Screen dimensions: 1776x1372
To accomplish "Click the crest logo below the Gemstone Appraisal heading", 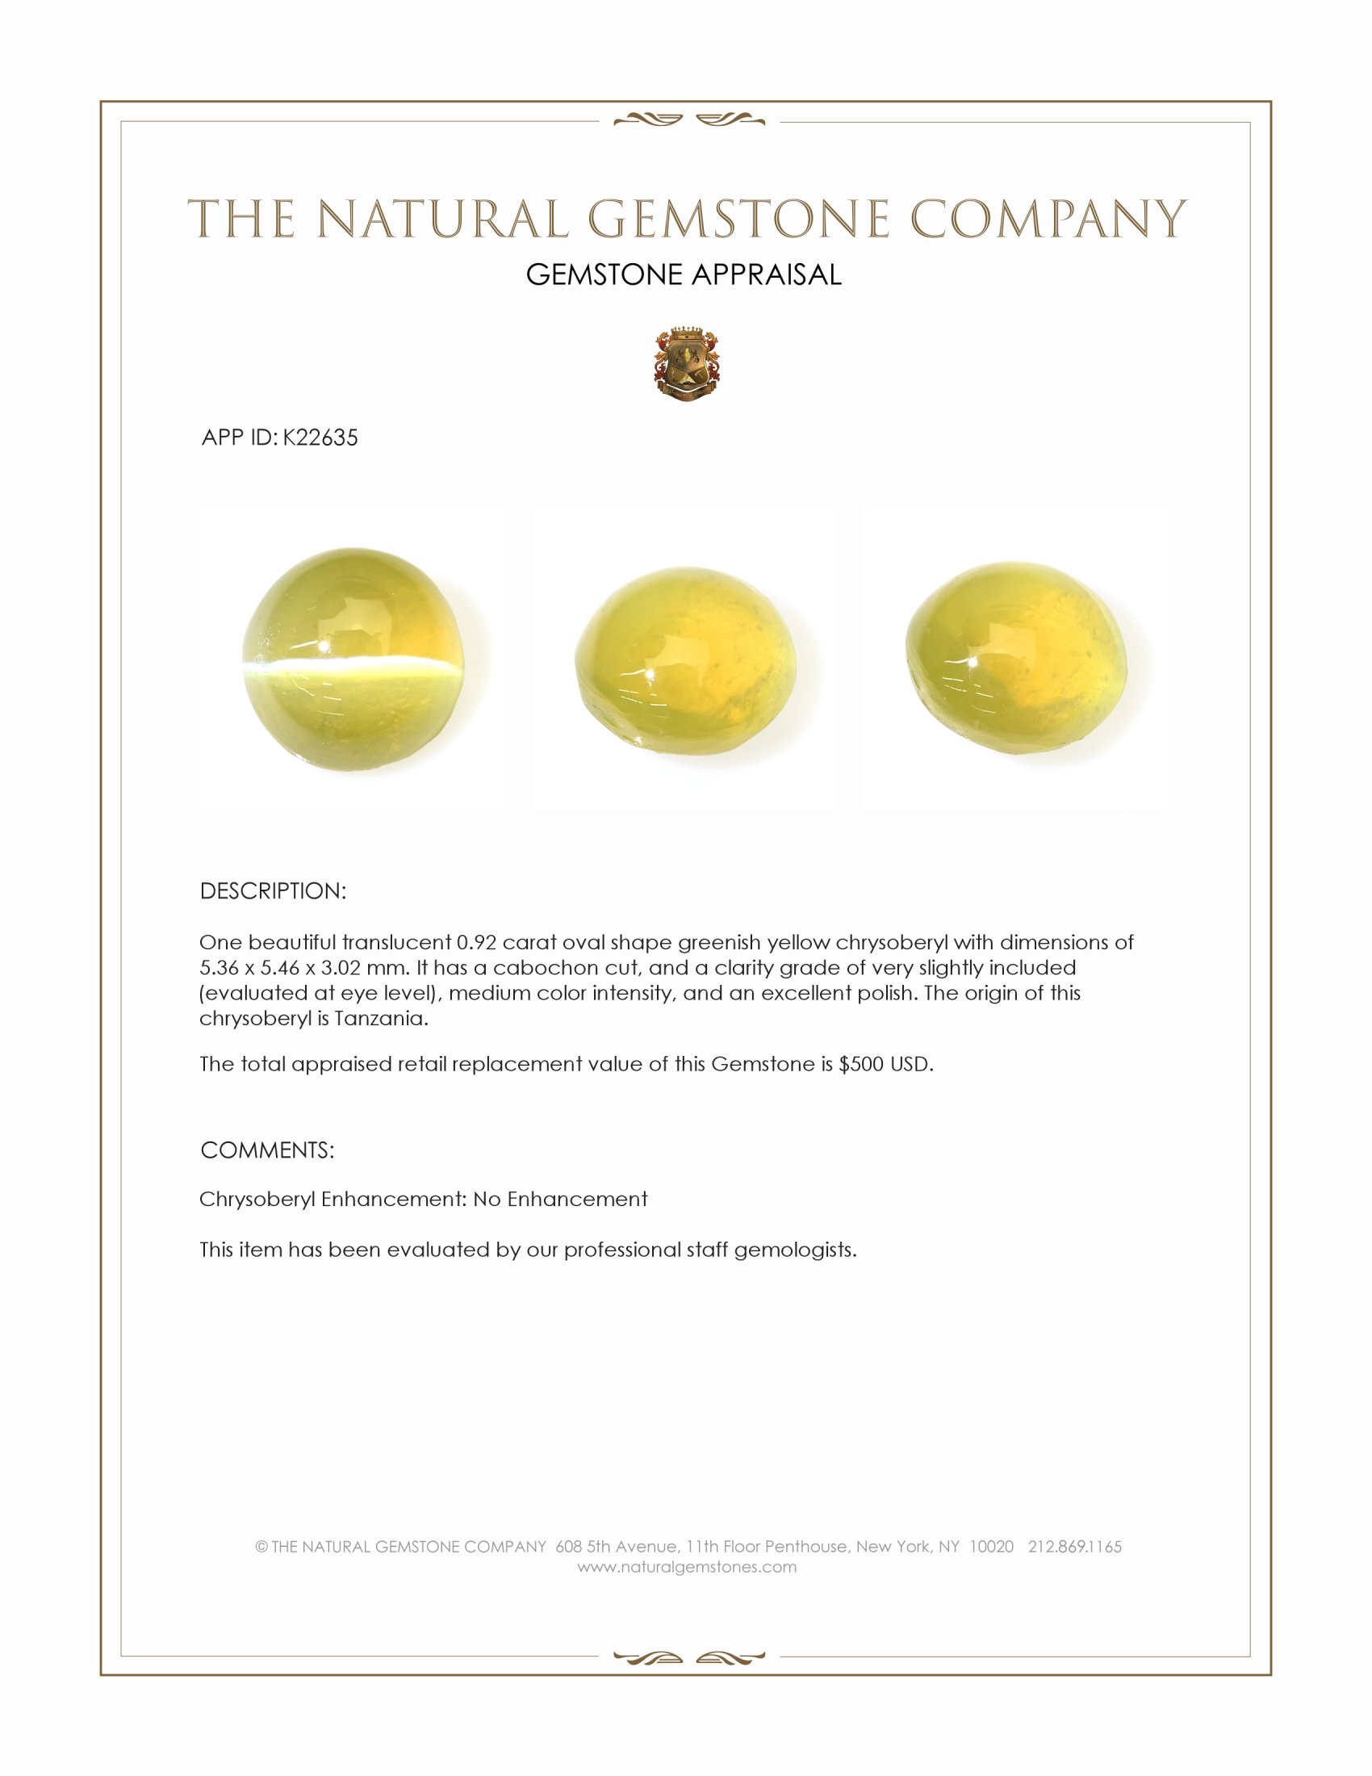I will pos(686,364).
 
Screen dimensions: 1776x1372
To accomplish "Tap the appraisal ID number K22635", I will pos(320,438).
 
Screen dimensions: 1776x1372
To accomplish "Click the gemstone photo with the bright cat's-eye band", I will pos(353,659).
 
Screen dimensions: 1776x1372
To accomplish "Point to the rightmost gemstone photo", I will pos(1016,659).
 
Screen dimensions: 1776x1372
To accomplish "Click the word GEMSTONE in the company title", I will pos(737,220).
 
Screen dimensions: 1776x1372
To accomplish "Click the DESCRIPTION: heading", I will pos(273,891).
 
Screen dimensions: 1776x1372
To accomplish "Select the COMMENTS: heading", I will pos(267,1150).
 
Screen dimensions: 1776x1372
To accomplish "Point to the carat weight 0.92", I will pos(476,942).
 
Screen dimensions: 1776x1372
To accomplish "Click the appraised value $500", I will pos(861,1065).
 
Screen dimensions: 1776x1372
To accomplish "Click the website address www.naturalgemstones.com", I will pos(687,1567).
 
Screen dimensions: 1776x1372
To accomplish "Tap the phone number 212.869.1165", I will pos(1074,1547).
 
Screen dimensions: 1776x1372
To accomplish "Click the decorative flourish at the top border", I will pos(688,120).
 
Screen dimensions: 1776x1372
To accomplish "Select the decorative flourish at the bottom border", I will pos(688,1657).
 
